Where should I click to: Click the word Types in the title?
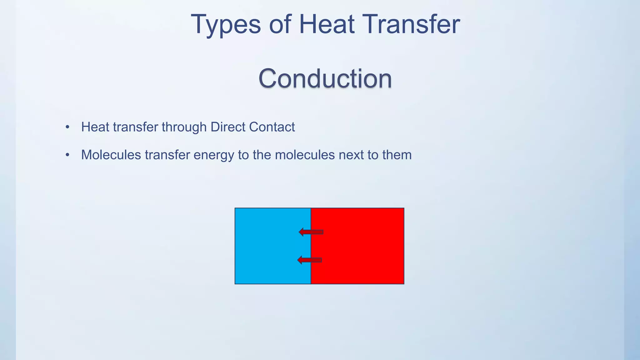(226, 25)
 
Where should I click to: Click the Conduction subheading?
(325, 78)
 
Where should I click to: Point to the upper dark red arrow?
(311, 232)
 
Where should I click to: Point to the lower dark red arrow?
(309, 260)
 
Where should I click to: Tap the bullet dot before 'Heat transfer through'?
(67, 127)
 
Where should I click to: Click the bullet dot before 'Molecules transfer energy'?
(67, 155)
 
